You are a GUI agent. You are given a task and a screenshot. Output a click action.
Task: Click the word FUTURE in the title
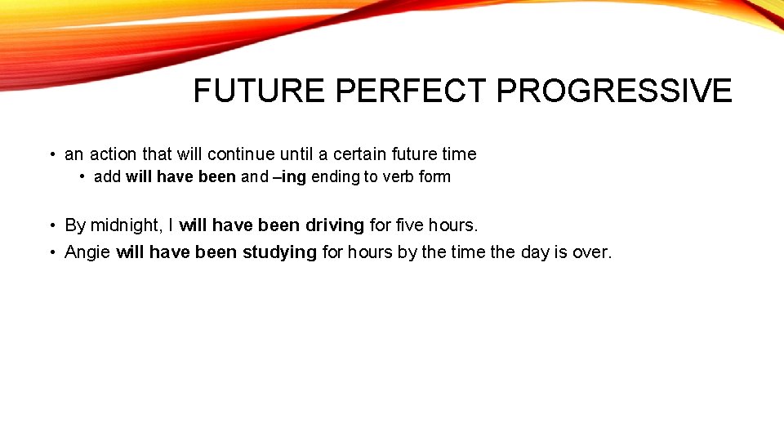pos(259,91)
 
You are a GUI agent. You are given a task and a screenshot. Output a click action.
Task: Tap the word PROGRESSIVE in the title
pos(614,91)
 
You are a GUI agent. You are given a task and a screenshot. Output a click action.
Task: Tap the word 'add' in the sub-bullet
pos(107,177)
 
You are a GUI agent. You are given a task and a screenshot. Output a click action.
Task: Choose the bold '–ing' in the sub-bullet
pos(290,177)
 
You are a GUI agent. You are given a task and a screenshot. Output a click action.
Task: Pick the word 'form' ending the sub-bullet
pos(434,177)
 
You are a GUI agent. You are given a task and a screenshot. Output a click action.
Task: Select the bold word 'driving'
pos(334,225)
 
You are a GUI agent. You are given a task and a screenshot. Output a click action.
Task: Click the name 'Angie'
pos(87,252)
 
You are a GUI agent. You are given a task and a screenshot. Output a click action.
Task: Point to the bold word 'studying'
pos(279,252)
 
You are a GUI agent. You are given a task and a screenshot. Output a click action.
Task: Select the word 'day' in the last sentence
pos(535,252)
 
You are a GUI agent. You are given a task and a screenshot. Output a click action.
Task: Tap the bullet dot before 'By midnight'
pos(51,225)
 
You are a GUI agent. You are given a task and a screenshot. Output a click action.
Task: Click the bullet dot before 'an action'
pos(51,155)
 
